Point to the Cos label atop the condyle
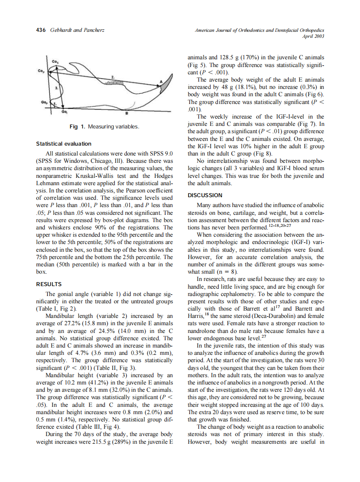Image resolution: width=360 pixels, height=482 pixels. pos(55,62)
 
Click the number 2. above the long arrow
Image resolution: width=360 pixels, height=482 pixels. pos(113,76)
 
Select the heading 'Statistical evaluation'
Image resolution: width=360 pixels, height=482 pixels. pos(63,143)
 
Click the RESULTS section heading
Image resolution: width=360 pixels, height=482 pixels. pos(49,284)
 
